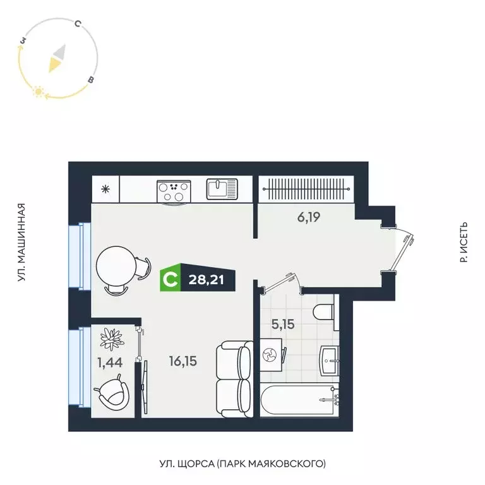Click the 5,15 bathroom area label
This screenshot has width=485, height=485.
click(x=284, y=325)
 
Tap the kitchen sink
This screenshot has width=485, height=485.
click(x=222, y=188)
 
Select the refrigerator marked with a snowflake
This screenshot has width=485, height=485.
click(x=105, y=189)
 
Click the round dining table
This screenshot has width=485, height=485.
click(x=116, y=266)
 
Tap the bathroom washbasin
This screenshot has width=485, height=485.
click(x=330, y=359)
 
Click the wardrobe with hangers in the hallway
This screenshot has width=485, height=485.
click(x=304, y=188)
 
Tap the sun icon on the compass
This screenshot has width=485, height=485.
click(x=39, y=92)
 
